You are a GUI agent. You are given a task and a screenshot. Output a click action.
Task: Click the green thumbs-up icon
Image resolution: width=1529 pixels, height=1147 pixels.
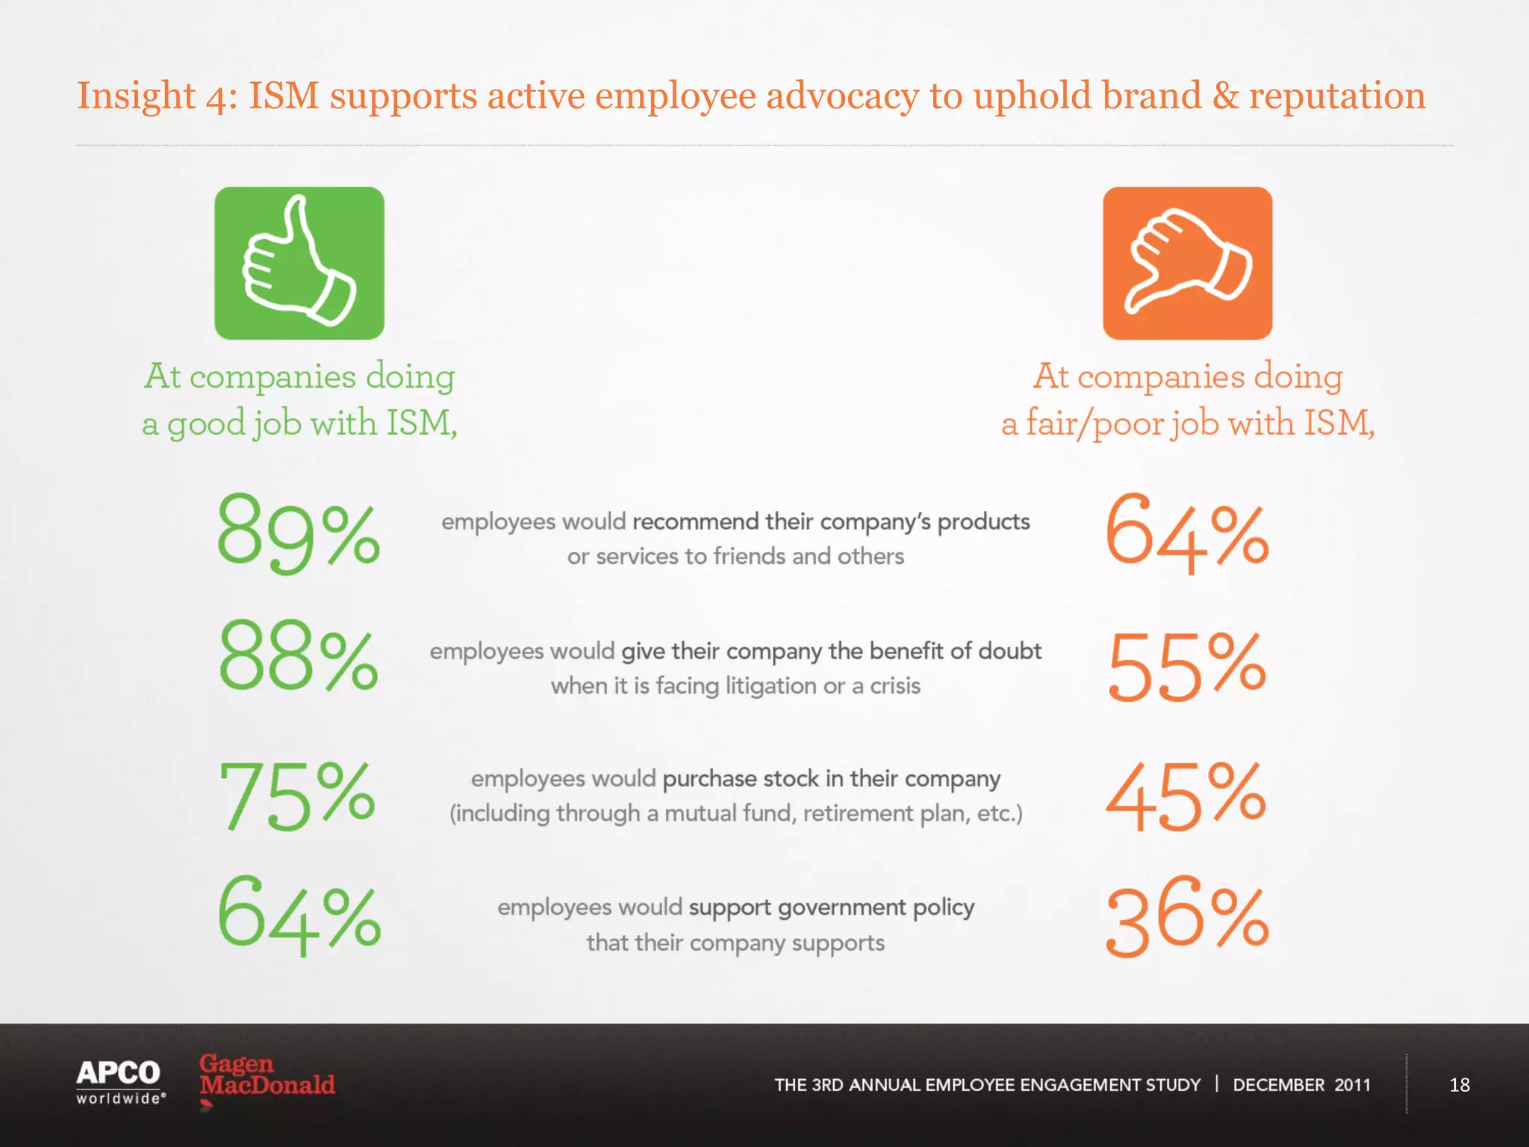[299, 263]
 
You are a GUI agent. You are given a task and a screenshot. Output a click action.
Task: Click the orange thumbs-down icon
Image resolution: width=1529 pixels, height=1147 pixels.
[1187, 263]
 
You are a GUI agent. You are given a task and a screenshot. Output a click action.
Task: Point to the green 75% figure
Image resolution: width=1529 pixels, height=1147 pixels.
[297, 795]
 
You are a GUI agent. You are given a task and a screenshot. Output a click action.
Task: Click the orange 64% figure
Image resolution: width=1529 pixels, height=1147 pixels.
[1187, 533]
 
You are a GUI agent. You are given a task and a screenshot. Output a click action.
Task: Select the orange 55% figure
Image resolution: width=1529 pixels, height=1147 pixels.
[1187, 665]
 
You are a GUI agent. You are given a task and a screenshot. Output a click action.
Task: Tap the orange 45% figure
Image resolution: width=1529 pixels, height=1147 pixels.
[1186, 796]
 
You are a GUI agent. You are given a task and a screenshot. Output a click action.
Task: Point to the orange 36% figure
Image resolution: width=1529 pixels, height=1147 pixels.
[1187, 917]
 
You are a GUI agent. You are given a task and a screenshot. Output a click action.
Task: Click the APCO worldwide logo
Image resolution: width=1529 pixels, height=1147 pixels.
[119, 1081]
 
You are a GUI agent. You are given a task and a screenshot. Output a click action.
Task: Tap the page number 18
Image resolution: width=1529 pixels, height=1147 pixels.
[1459, 1085]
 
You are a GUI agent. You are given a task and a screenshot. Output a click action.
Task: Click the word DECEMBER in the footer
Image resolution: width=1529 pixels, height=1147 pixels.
[1278, 1085]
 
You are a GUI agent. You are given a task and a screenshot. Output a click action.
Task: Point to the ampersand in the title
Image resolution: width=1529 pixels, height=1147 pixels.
[1225, 96]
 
